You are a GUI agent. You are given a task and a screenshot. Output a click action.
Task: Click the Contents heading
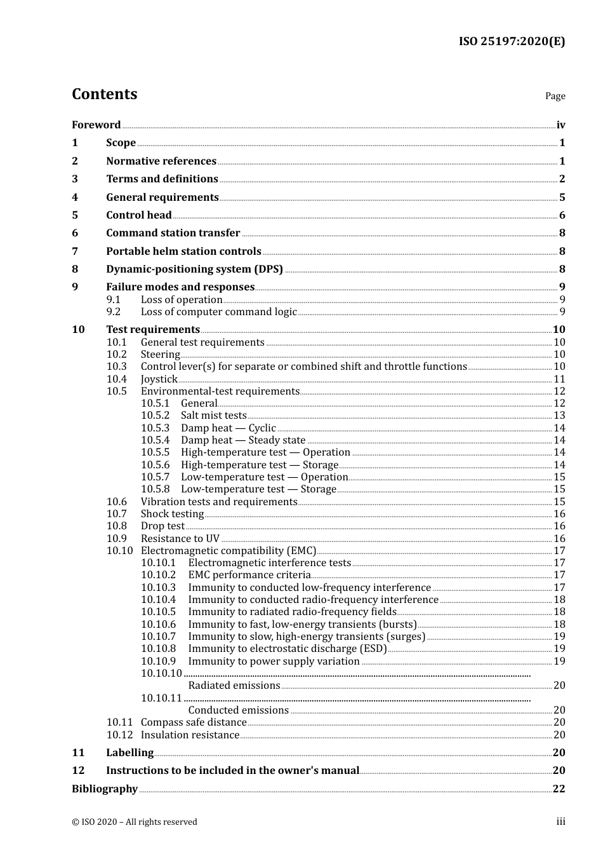click(x=105, y=94)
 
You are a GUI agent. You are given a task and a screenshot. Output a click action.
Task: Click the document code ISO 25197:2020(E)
click(x=512, y=42)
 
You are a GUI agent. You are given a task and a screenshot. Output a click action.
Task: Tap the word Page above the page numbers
click(x=555, y=96)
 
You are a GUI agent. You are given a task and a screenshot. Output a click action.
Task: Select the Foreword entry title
click(x=96, y=125)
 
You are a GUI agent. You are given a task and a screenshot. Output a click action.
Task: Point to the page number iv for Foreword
click(x=560, y=125)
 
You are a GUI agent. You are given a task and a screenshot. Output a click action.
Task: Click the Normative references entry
click(x=161, y=161)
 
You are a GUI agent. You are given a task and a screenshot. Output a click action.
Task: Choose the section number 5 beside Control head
click(x=75, y=215)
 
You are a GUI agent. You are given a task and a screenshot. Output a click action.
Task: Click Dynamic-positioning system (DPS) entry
click(x=194, y=269)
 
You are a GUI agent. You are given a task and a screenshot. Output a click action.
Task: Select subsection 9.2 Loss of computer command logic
click(x=218, y=312)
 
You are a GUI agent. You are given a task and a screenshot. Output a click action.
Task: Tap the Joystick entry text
click(x=159, y=379)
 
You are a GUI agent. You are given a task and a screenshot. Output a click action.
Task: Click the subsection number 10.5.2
click(x=155, y=416)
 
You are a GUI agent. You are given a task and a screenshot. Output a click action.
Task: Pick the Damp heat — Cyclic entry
click(x=228, y=428)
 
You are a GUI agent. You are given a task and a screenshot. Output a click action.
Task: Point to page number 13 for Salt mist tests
click(x=559, y=416)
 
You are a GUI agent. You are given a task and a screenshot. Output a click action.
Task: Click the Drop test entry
click(x=162, y=526)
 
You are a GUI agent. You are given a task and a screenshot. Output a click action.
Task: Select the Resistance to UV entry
click(x=180, y=539)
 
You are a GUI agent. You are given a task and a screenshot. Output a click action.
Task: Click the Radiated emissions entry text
click(x=234, y=686)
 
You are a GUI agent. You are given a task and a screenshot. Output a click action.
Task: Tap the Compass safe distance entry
click(x=193, y=722)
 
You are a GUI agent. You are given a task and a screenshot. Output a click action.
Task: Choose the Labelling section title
click(x=129, y=753)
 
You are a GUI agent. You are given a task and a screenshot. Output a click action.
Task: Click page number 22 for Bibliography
click(x=559, y=789)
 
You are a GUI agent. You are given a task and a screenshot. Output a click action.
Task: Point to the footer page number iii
click(x=560, y=822)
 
